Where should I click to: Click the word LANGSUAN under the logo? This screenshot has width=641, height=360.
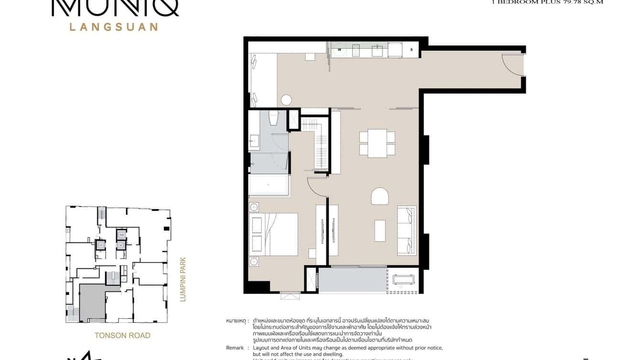point(114,27)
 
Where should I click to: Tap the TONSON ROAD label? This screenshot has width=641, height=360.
point(122,335)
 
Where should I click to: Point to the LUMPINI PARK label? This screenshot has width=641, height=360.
point(182,280)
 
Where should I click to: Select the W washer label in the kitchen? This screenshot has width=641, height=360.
point(340,49)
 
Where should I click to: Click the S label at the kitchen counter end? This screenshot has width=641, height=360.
point(411,50)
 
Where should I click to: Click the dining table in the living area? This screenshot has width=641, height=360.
point(377,143)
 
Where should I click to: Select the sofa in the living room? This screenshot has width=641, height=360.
point(407,231)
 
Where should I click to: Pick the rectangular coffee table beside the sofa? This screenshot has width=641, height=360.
point(380,230)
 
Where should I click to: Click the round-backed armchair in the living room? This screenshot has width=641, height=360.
point(380,196)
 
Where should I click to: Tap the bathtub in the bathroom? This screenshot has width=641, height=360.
point(268,185)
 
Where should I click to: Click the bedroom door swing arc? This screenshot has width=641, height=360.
point(315,185)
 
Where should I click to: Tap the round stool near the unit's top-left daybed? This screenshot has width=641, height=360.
point(286,100)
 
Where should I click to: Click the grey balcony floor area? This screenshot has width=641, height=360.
point(353,280)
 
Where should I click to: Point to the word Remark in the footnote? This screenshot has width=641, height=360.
point(235,348)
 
